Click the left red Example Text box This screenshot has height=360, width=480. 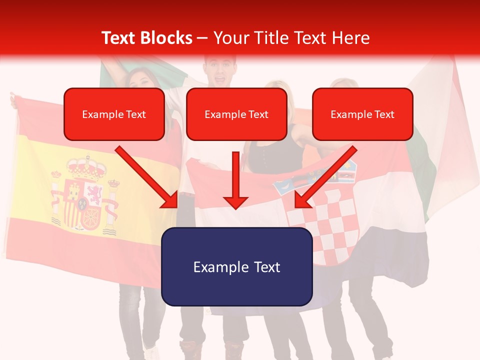click(114, 114)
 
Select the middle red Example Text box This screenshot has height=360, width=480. click(236, 114)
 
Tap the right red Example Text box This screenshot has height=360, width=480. click(362, 114)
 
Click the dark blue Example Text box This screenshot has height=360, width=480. click(236, 266)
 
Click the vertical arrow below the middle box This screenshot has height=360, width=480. click(235, 180)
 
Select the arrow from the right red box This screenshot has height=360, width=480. click(325, 177)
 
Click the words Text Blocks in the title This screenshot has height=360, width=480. click(146, 38)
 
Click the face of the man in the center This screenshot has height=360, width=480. click(220, 70)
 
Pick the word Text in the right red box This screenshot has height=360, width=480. click(384, 114)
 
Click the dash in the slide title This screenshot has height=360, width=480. click(202, 38)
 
